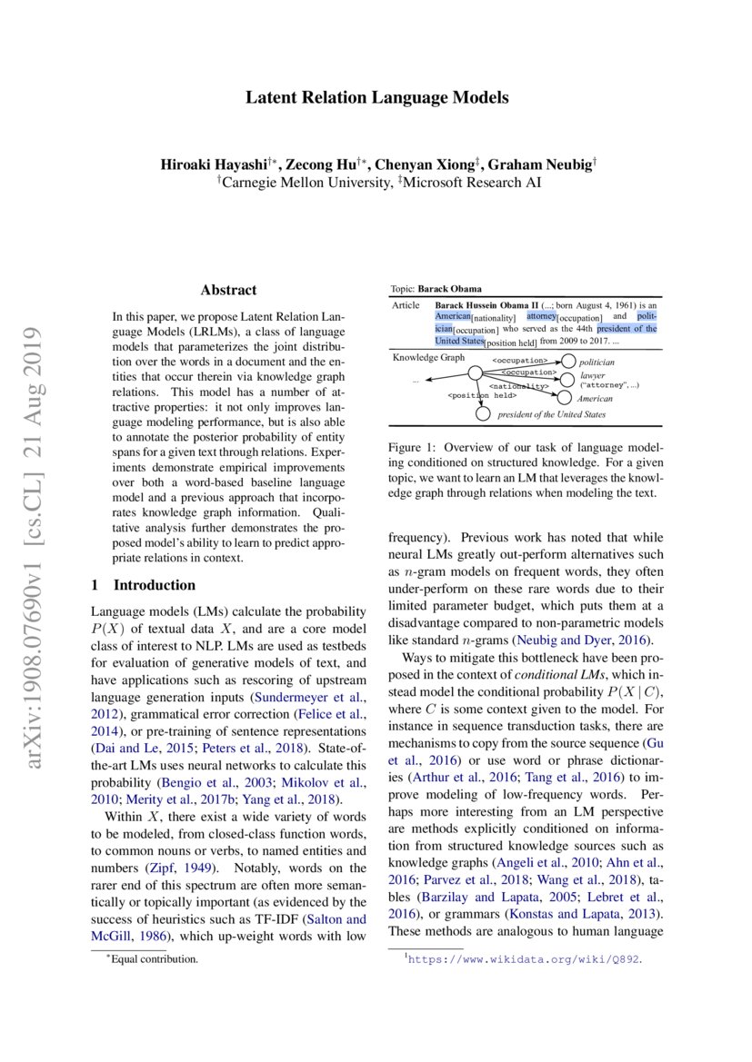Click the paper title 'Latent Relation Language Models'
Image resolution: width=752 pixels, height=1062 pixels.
(376, 98)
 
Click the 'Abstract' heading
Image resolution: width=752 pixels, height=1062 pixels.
(228, 291)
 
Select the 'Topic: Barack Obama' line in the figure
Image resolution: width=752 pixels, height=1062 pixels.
(436, 288)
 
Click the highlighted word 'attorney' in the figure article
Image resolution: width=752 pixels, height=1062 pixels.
(544, 317)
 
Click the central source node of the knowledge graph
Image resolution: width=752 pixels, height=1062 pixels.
(474, 372)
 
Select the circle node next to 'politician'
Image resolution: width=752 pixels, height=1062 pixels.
(570, 362)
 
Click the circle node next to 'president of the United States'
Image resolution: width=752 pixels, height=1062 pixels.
(482, 414)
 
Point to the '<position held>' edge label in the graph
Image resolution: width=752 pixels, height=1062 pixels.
(482, 395)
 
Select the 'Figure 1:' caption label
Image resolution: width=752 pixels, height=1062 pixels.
(410, 448)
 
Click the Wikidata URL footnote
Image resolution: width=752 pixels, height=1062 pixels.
(526, 958)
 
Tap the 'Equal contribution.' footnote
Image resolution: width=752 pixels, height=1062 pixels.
(154, 958)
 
